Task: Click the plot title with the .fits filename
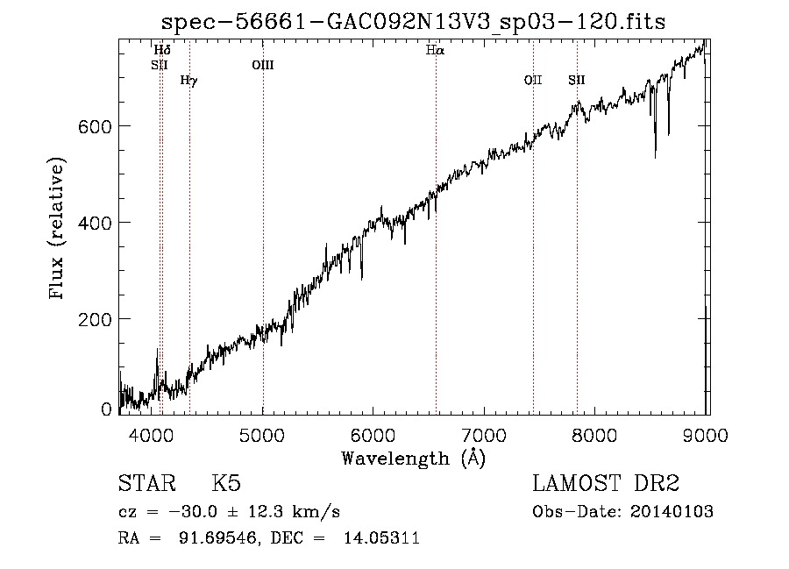click(x=413, y=22)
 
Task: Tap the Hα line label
click(x=435, y=50)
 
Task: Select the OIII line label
click(x=263, y=65)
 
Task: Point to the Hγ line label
click(x=189, y=81)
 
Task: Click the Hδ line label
click(x=162, y=50)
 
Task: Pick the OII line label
click(x=533, y=80)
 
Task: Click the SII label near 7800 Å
click(x=577, y=80)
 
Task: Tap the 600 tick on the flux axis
click(x=95, y=126)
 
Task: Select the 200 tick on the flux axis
click(x=95, y=319)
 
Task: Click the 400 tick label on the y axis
click(x=95, y=223)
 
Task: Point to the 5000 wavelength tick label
click(x=261, y=435)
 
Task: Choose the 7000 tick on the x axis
click(x=484, y=435)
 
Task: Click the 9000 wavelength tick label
click(x=706, y=435)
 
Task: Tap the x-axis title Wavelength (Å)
click(x=414, y=459)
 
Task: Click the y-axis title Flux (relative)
click(x=56, y=229)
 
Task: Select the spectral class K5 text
click(x=226, y=483)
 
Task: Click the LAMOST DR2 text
click(x=606, y=483)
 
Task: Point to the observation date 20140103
click(x=672, y=512)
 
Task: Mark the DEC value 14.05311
click(x=381, y=538)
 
